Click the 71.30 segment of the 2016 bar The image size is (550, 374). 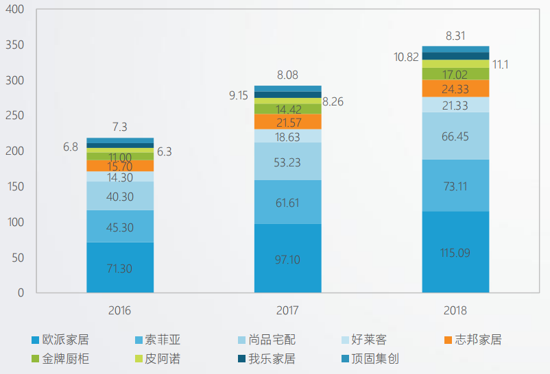point(119,268)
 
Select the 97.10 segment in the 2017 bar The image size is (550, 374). point(287,259)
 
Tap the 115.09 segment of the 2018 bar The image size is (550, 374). point(455,252)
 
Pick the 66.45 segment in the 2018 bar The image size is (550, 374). point(455,136)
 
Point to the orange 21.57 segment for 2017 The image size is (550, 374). point(287,121)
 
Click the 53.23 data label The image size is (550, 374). point(287,162)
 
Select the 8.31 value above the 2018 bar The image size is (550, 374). point(455,36)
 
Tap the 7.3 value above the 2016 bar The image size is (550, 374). point(119,127)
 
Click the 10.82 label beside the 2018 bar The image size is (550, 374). point(407,57)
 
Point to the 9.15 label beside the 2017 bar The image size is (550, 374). point(239,95)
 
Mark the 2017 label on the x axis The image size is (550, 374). point(287,310)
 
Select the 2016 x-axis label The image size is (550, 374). point(119,310)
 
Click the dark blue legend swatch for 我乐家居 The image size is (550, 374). point(241,359)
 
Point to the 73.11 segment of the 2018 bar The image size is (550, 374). point(455,186)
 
